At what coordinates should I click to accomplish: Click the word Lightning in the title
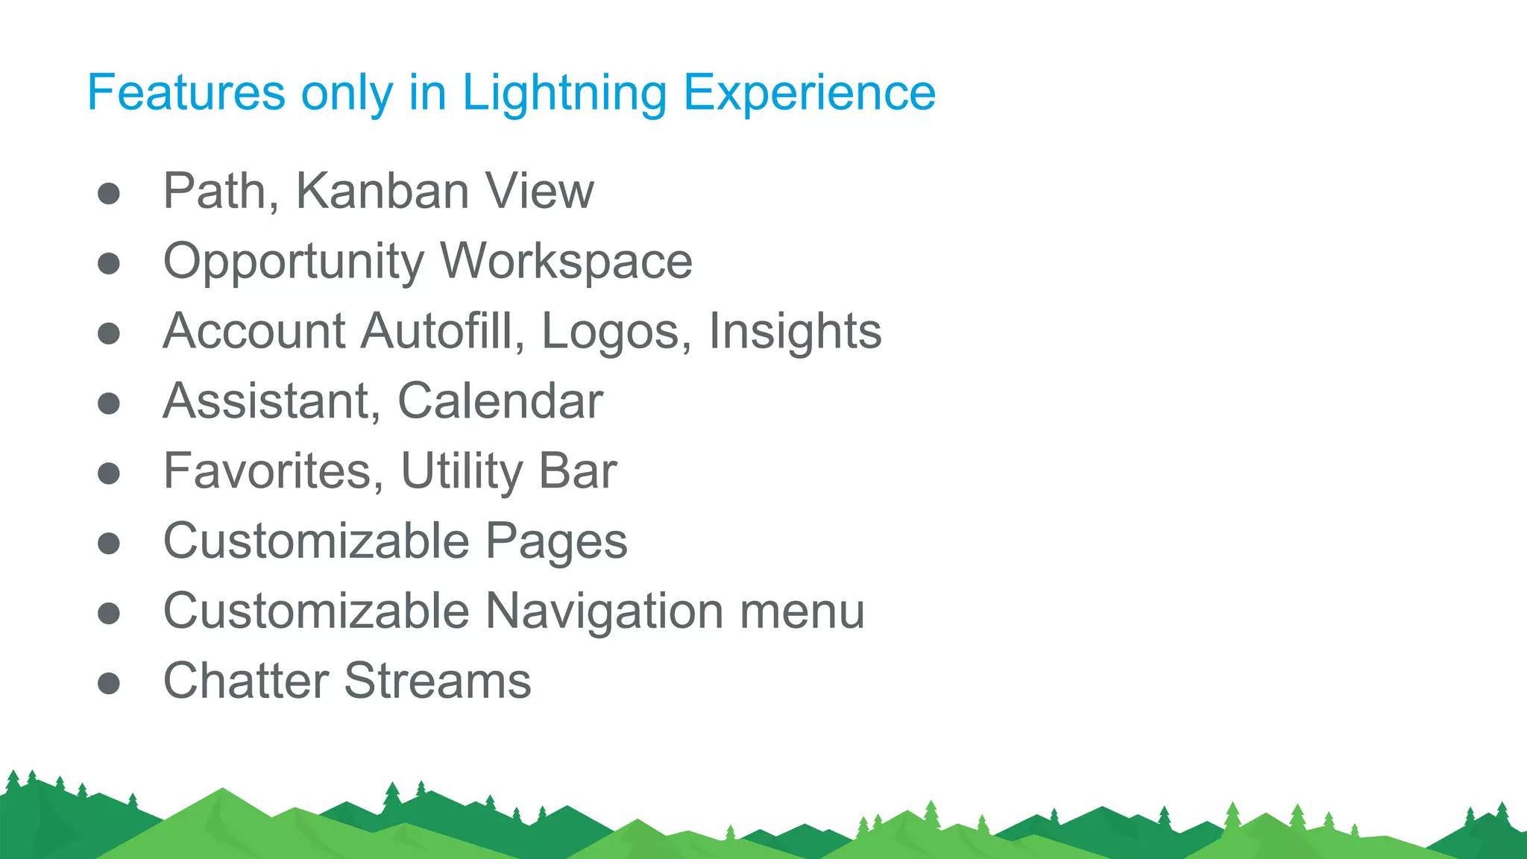click(x=564, y=94)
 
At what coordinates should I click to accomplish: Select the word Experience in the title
click(x=809, y=94)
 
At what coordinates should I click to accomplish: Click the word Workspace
click(x=567, y=262)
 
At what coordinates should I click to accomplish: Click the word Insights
click(x=795, y=332)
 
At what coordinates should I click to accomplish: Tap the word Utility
click(x=462, y=473)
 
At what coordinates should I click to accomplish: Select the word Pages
click(x=556, y=542)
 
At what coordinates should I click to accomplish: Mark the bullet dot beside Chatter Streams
click(x=109, y=682)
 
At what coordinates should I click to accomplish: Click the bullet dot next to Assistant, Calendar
click(x=109, y=403)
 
